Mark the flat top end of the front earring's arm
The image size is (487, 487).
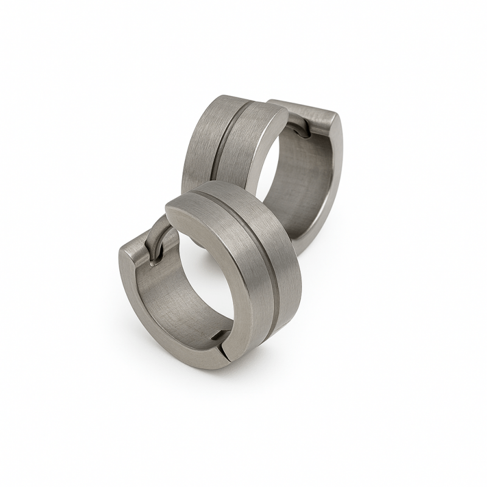(137, 247)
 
